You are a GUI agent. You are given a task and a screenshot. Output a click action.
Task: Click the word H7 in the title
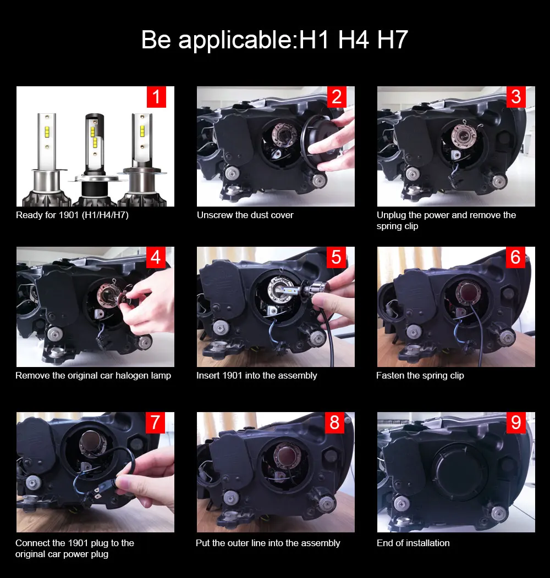tap(392, 40)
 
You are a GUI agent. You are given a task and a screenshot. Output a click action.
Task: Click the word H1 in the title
tap(313, 40)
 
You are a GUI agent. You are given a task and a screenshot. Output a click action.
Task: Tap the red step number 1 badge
tap(157, 97)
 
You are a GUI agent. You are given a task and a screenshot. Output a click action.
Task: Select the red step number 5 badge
tap(336, 257)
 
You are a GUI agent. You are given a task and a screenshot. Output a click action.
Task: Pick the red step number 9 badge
tap(516, 423)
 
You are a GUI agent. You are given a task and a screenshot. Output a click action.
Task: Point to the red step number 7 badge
tap(156, 423)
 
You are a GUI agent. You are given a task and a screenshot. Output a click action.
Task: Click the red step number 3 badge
tap(516, 97)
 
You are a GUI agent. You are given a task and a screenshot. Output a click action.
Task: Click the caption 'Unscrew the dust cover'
tap(245, 215)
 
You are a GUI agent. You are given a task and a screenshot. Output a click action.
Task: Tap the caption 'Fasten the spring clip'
tap(420, 376)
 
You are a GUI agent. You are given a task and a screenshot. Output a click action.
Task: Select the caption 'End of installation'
tap(413, 543)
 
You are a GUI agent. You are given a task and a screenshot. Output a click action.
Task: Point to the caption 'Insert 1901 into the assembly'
tap(256, 376)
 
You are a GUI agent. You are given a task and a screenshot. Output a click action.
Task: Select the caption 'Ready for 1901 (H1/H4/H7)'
tap(73, 215)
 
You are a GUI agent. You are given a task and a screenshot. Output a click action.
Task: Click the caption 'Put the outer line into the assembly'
tap(268, 543)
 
